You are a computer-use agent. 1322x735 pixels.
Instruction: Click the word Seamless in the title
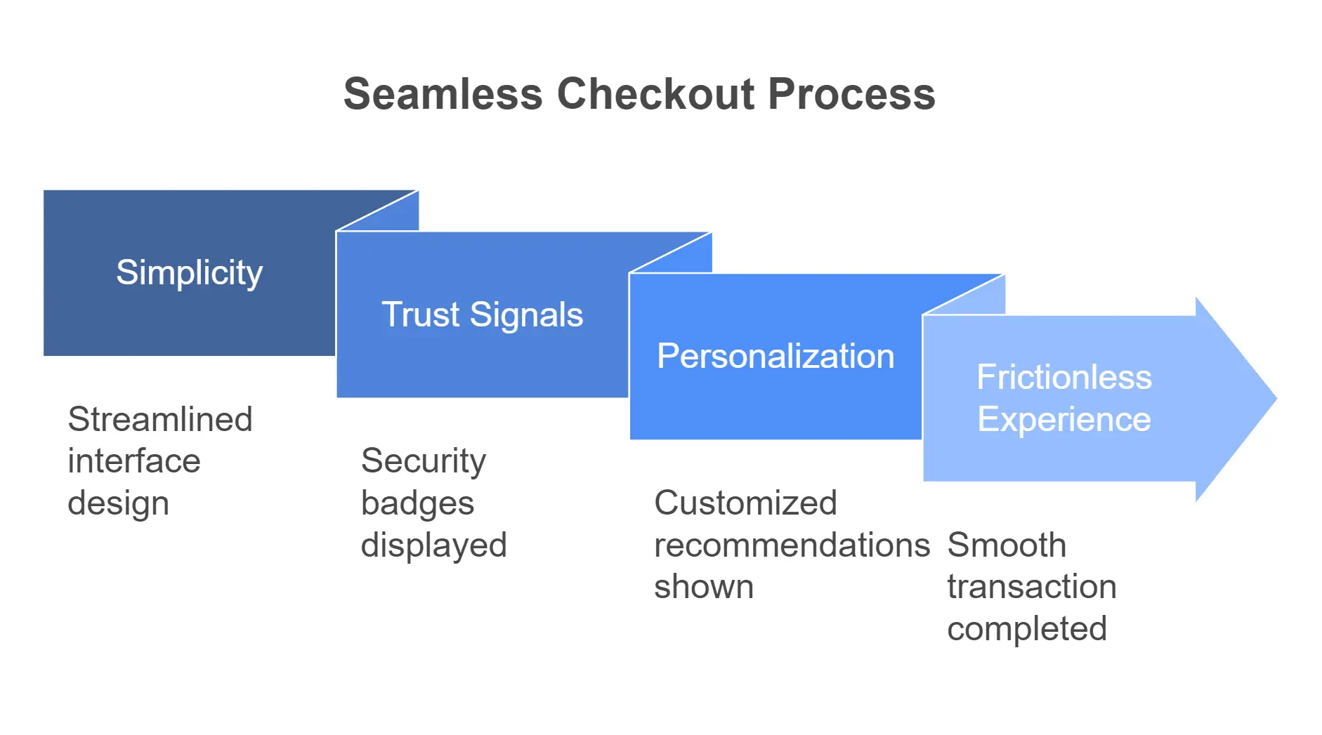click(443, 94)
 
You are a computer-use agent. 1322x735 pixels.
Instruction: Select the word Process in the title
click(851, 94)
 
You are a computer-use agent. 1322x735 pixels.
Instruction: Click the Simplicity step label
click(189, 272)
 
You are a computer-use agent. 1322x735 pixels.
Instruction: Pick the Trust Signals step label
click(482, 314)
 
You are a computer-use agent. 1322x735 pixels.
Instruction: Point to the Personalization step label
click(775, 356)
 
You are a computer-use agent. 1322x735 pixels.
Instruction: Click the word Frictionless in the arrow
click(1064, 377)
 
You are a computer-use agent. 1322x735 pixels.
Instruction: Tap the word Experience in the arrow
click(1064, 419)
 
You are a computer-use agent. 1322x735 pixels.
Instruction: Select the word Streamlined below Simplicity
click(160, 419)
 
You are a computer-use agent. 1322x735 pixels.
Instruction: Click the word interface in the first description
click(134, 461)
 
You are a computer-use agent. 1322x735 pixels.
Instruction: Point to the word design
click(118, 503)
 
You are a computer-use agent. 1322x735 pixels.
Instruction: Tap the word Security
click(423, 461)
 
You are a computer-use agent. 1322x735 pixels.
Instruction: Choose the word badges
click(417, 503)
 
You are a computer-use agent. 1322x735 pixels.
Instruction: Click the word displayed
click(433, 545)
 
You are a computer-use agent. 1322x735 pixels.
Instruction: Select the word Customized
click(745, 503)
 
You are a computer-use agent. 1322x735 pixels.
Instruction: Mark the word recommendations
click(792, 545)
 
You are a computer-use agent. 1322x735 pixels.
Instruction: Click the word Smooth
click(1007, 545)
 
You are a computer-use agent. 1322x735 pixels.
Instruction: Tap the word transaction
click(1031, 586)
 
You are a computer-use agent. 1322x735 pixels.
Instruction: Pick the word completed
click(1026, 628)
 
